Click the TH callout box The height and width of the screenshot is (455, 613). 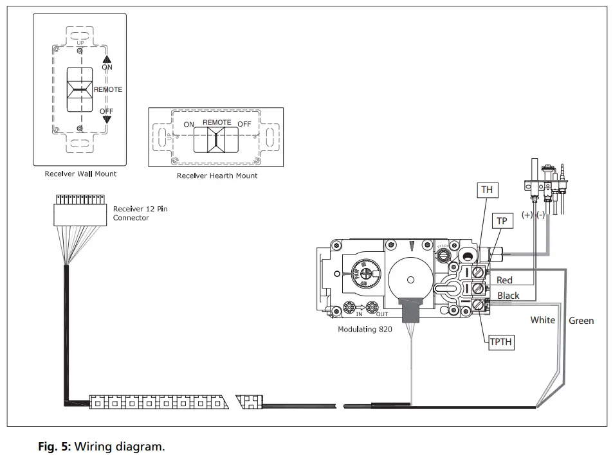(486, 190)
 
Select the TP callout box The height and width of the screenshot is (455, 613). (502, 221)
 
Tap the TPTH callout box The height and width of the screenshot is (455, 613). (501, 342)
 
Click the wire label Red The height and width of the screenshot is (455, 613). (504, 280)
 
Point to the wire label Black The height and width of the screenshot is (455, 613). (508, 296)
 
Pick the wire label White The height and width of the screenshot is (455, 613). (542, 320)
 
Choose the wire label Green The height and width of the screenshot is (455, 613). (581, 321)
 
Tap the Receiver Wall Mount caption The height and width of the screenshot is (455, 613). (80, 174)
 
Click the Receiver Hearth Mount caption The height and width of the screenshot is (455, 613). (217, 175)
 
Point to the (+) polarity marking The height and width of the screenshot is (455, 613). (527, 215)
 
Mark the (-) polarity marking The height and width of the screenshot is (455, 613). (541, 215)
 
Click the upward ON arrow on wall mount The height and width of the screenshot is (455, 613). (107, 59)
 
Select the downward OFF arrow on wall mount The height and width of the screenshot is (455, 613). (107, 119)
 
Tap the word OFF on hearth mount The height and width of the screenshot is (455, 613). (244, 123)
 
